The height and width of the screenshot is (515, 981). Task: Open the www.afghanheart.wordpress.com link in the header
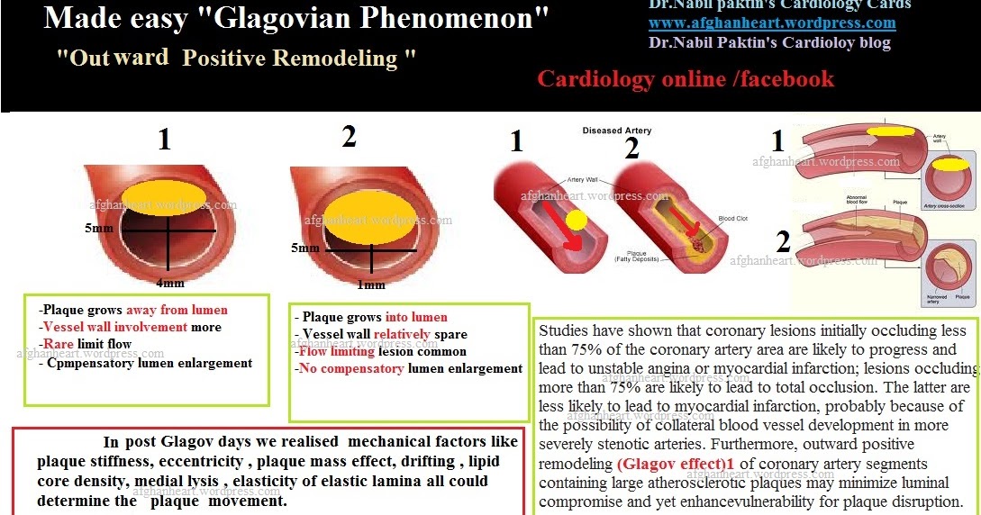(x=772, y=23)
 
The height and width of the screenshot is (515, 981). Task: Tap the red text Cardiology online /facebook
(x=686, y=79)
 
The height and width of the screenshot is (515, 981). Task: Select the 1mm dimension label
(x=369, y=285)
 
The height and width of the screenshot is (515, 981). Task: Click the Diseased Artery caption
(x=616, y=131)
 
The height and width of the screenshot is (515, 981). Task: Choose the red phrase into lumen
(x=415, y=317)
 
